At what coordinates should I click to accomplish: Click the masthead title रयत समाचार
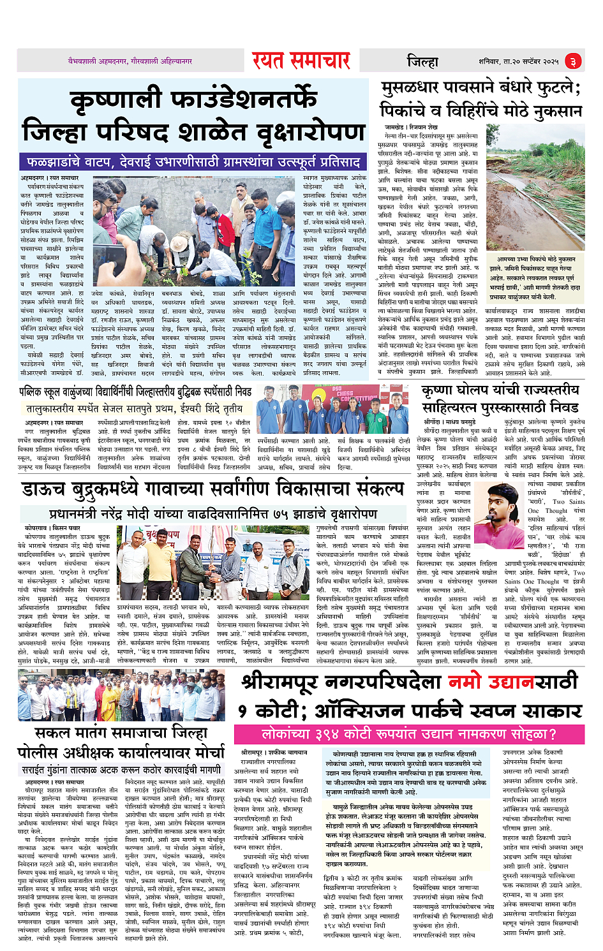pos(301,61)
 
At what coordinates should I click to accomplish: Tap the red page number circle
pos(572,61)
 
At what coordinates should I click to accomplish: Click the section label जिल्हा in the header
pos(422,61)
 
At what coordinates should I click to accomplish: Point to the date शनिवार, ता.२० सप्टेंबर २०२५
pos(518,61)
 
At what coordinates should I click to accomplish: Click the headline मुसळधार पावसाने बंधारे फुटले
pos(480,99)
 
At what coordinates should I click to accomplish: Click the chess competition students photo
pos(332,409)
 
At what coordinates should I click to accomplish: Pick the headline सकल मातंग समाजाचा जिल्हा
pos(121,733)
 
